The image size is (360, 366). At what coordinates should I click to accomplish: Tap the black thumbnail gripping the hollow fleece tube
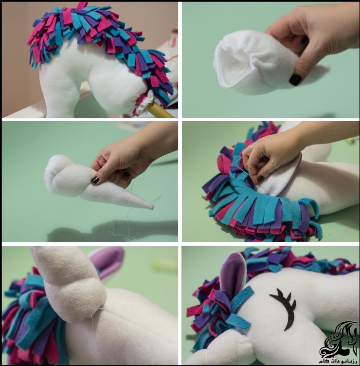pos(295,79)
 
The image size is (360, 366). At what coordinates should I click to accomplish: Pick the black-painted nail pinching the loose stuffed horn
pos(95,180)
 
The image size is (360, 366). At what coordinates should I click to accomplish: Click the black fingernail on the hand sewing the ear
pos(261,179)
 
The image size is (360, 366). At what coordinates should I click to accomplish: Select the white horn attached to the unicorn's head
pos(63,282)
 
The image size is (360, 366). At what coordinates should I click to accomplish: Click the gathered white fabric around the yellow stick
pos(143,103)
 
